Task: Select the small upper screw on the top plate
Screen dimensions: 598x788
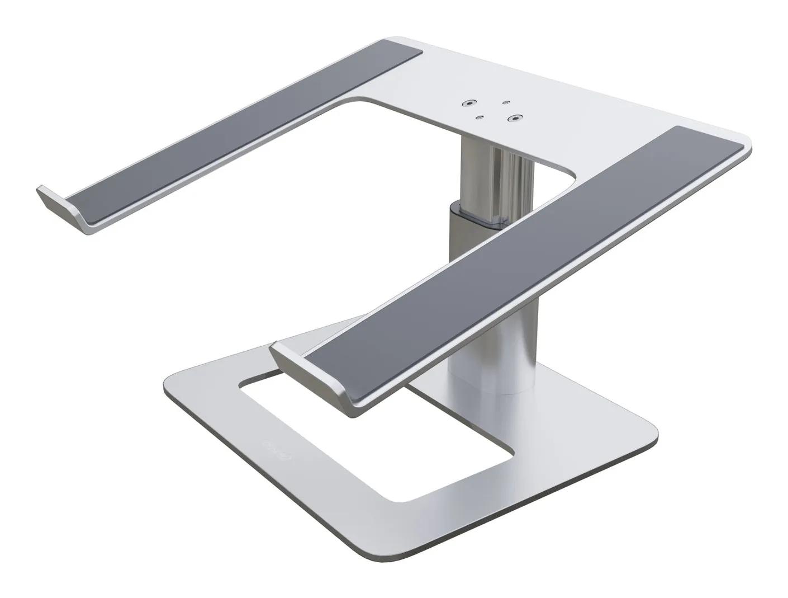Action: click(506, 102)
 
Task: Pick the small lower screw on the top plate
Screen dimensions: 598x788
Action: click(479, 117)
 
